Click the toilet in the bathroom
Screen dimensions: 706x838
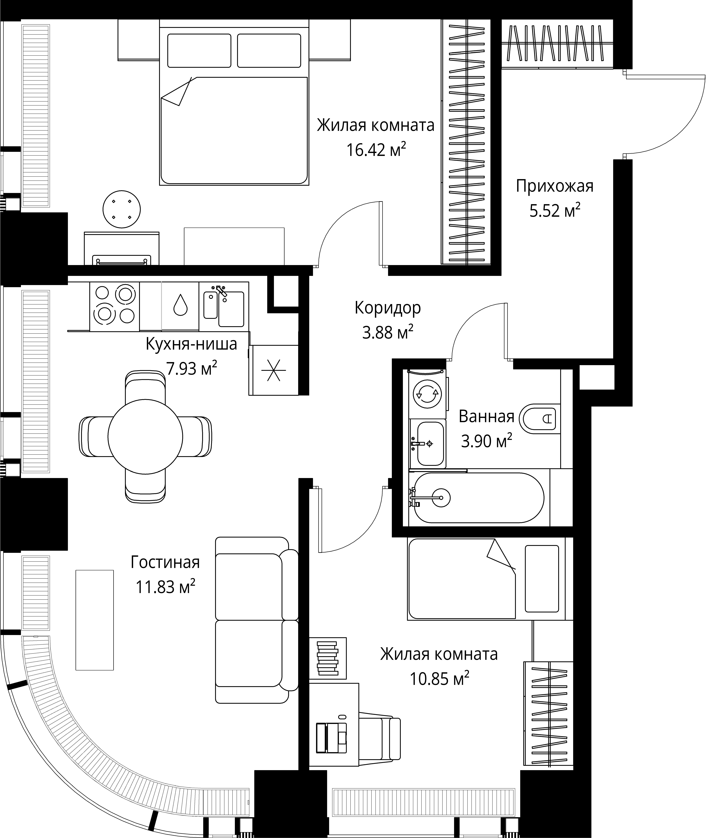pyautogui.click(x=540, y=419)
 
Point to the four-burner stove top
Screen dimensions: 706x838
pyautogui.click(x=114, y=306)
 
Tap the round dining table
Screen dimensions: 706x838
pyautogui.click(x=145, y=436)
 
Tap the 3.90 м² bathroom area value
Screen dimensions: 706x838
pyautogui.click(x=487, y=441)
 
